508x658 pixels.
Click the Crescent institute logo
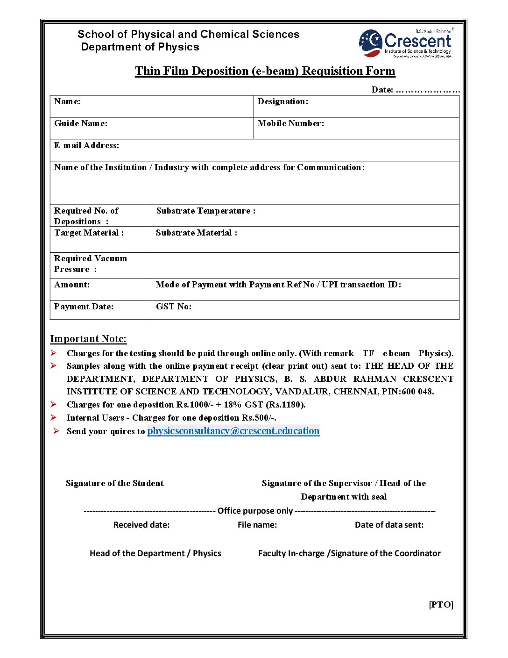coord(405,43)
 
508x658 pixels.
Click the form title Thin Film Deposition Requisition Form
coord(265,71)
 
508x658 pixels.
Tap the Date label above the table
coord(382,90)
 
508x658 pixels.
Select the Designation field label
coord(283,101)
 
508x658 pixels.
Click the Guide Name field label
coord(81,123)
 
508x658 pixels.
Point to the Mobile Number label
coord(290,123)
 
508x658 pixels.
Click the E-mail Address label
coord(86,145)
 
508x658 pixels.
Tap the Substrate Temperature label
coord(206,211)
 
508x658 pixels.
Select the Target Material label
coord(89,233)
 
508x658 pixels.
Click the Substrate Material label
coord(197,233)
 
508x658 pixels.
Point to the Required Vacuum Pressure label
coord(90,264)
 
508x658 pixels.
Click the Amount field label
coord(72,285)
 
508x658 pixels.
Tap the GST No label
coord(174,307)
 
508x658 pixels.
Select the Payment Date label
coord(84,307)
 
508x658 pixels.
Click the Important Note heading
coord(88,339)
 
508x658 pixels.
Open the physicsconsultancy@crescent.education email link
coord(233,431)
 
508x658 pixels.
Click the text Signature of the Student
coord(115,483)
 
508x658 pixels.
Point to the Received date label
coord(141,525)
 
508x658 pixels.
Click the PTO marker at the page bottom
coord(441,605)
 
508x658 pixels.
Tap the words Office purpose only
coord(255,511)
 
